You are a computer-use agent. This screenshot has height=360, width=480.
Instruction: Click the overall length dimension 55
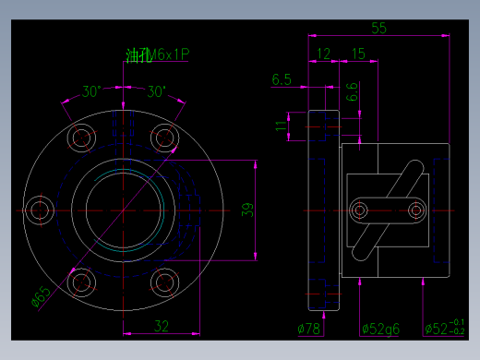pyautogui.click(x=379, y=28)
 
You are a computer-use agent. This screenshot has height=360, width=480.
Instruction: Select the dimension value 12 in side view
pyautogui.click(x=323, y=54)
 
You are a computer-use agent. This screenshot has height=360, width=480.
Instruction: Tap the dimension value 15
pyautogui.click(x=357, y=54)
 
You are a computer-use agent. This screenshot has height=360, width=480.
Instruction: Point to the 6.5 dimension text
pyautogui.click(x=282, y=80)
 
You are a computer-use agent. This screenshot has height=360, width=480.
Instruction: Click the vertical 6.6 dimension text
pyautogui.click(x=352, y=92)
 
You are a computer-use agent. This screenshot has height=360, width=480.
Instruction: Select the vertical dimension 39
pyautogui.click(x=246, y=210)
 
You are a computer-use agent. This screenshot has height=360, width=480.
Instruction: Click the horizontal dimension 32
pyautogui.click(x=161, y=325)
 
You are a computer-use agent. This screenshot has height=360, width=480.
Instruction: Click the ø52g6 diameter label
pyautogui.click(x=379, y=328)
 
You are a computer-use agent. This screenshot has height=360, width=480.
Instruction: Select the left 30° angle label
pyautogui.click(x=90, y=91)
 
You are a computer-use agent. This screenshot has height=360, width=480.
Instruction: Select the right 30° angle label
pyautogui.click(x=156, y=91)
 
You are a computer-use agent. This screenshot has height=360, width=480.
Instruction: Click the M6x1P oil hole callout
pyautogui.click(x=158, y=55)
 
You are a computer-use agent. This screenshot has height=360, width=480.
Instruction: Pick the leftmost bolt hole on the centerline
pyautogui.click(x=40, y=210)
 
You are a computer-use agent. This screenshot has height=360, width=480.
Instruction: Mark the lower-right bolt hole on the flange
pyautogui.click(x=165, y=282)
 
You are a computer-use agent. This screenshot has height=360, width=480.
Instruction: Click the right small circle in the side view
pyautogui.click(x=415, y=210)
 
